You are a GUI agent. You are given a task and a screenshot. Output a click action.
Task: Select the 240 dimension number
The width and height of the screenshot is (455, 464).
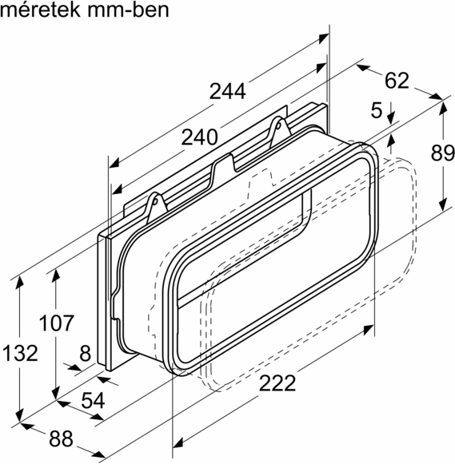(198, 137)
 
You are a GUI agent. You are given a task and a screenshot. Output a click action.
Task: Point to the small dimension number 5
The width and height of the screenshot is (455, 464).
(377, 111)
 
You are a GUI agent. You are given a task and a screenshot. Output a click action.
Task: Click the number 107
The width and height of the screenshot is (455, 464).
(57, 323)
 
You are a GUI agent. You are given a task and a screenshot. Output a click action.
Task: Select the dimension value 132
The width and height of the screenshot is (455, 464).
(19, 352)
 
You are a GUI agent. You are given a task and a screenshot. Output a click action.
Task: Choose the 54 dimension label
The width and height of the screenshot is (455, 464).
(93, 401)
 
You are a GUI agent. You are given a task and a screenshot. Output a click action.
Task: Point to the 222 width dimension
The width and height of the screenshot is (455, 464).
(277, 383)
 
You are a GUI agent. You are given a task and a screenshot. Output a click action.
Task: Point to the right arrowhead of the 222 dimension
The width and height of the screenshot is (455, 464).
(370, 328)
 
